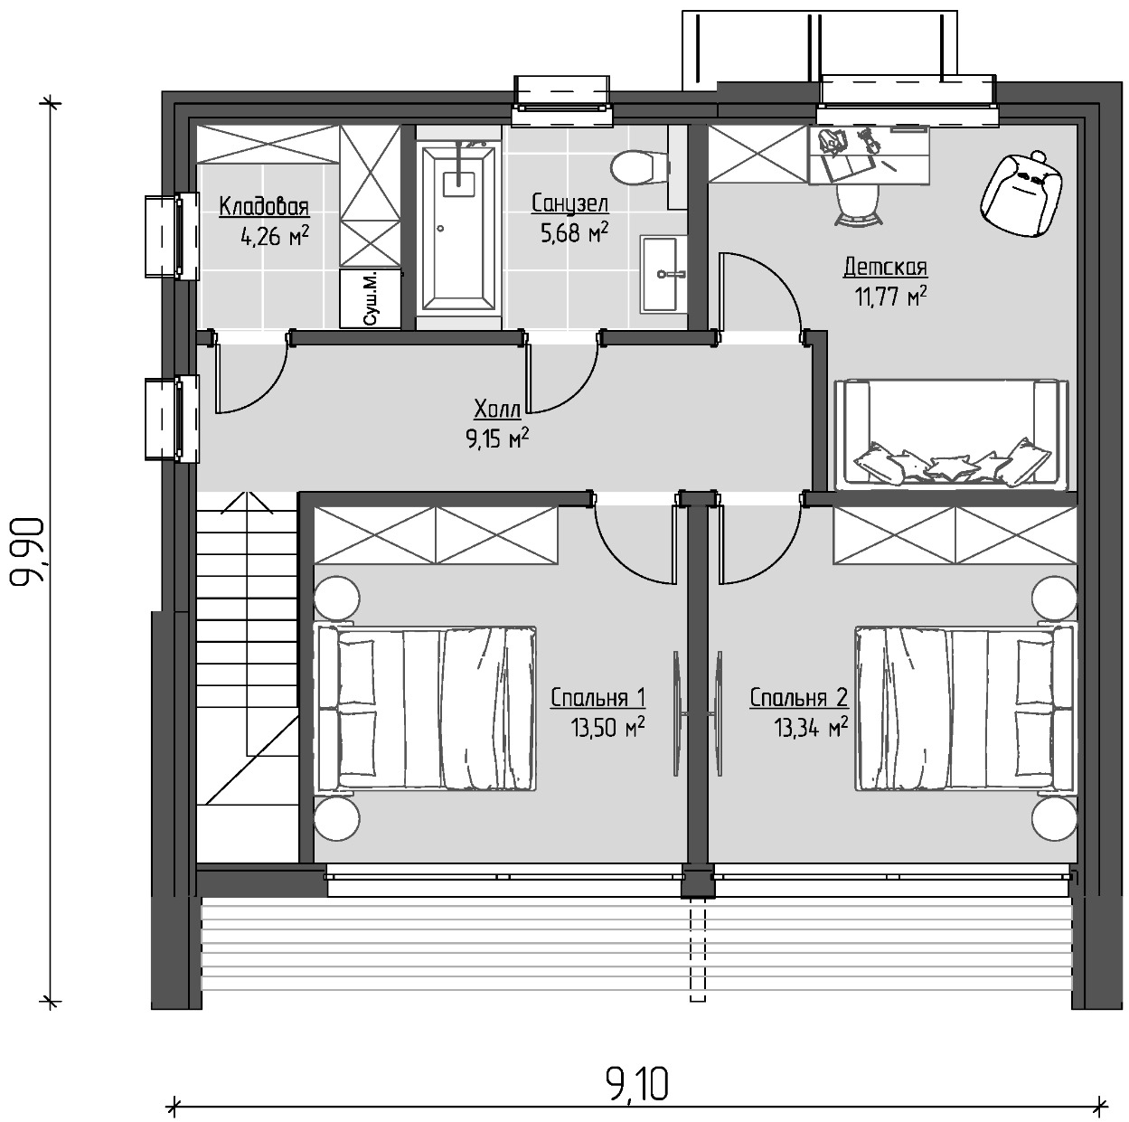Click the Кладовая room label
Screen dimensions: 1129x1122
pos(264,206)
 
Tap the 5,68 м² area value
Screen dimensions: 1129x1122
pos(574,232)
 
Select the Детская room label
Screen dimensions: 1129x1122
pos(885,268)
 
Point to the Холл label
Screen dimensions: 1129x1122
pos(497,409)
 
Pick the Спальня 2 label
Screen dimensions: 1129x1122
pos(798,698)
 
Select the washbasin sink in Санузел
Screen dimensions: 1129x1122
pos(663,274)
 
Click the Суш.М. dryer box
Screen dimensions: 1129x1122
pos(371,299)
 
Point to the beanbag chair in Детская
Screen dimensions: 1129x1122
pos(1021,194)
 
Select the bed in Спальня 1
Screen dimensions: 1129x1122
pos(426,709)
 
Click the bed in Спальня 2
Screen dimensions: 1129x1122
pos(965,709)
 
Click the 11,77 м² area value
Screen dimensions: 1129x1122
pos(890,296)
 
